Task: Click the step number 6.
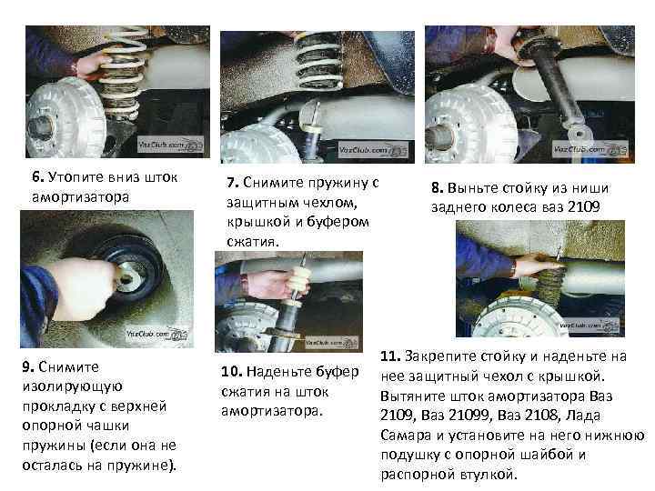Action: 37,176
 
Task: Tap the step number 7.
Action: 233,183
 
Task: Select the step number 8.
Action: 437,188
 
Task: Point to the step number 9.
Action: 28,366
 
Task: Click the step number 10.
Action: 231,371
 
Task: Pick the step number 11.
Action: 390,356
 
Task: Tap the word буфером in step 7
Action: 338,222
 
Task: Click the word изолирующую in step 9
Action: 72,387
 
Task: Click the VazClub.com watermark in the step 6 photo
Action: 170,145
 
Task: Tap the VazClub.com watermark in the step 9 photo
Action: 156,334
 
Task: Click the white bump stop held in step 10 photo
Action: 300,281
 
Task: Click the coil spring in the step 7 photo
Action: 318,61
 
